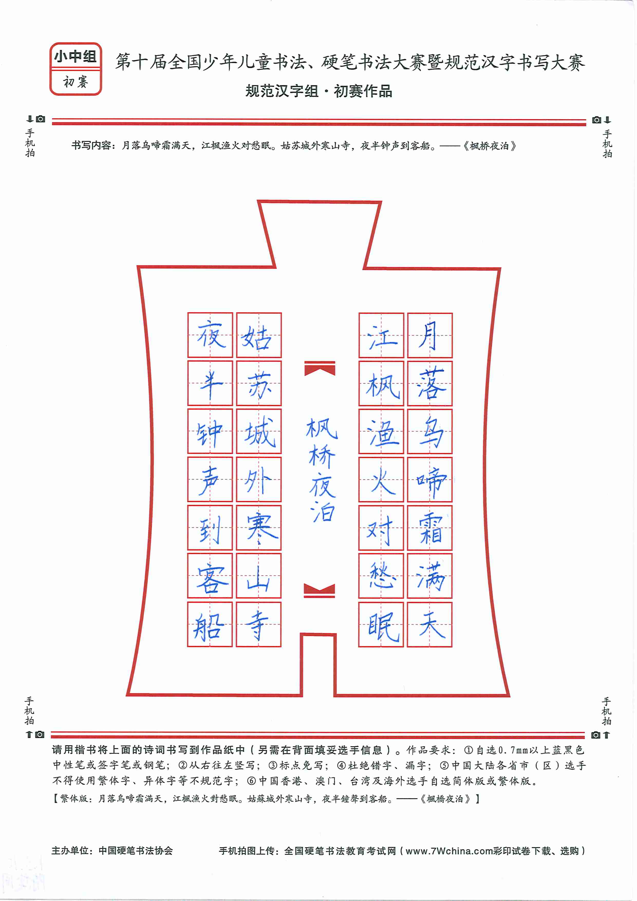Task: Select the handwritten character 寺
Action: click(257, 625)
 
